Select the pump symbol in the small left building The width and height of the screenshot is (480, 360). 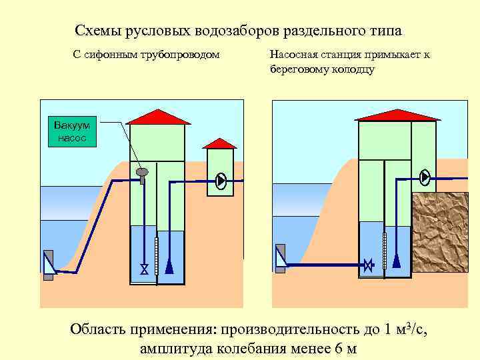pyautogui.click(x=221, y=180)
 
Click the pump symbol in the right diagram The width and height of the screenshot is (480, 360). pyautogui.click(x=425, y=177)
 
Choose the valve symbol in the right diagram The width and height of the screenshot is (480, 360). pyautogui.click(x=368, y=265)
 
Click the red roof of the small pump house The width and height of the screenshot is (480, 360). pyautogui.click(x=219, y=143)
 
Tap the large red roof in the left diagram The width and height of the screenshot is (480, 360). pyautogui.click(x=157, y=116)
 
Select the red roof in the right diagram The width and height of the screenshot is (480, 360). pyautogui.click(x=397, y=113)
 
